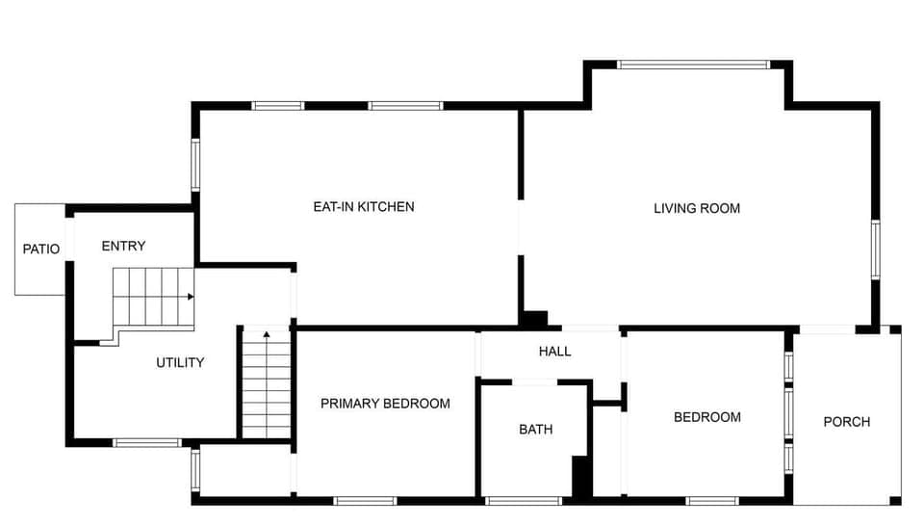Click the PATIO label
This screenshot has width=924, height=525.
[41, 249]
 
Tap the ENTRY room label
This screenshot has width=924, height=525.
[123, 246]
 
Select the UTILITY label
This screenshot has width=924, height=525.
[180, 362]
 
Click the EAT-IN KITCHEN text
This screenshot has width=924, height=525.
[364, 206]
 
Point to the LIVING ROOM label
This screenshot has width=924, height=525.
[697, 208]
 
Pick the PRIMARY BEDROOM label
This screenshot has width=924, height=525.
[385, 403]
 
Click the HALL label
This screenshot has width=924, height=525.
[554, 351]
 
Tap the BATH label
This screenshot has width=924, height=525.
[535, 429]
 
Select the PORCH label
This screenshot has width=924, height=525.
[847, 421]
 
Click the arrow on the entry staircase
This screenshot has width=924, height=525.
[191, 297]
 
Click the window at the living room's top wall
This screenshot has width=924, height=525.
[693, 65]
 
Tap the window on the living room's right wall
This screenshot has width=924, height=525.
[876, 249]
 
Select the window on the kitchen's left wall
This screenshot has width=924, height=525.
[194, 164]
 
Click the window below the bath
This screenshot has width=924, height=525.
[524, 501]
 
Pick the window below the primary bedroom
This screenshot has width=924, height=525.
[365, 501]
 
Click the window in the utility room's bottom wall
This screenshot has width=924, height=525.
[146, 443]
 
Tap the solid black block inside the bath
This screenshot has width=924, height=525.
[581, 477]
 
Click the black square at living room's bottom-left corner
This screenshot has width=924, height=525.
[534, 319]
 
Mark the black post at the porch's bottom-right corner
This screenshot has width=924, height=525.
[895, 500]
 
